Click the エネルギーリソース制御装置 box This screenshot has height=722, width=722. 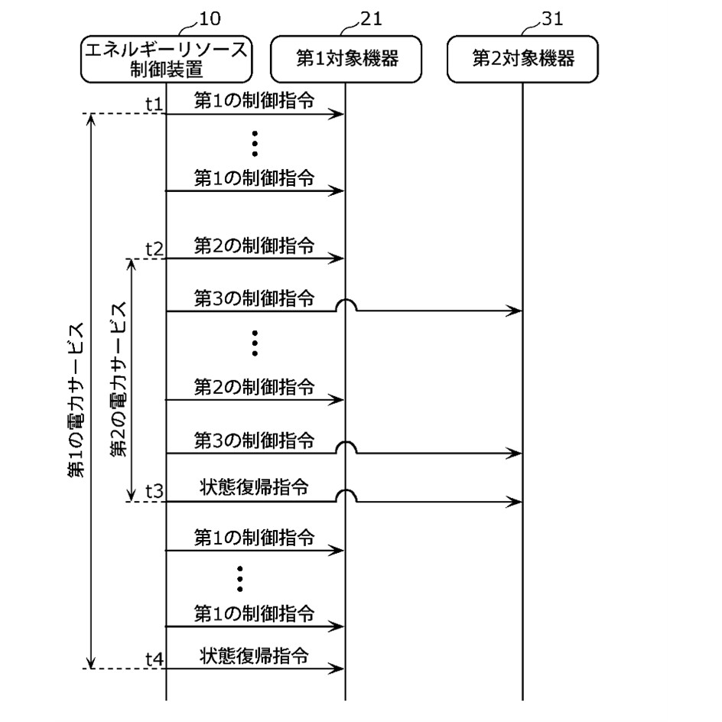pyautogui.click(x=167, y=59)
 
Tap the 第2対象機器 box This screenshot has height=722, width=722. pyautogui.click(x=523, y=59)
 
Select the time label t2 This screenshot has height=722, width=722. pyautogui.click(x=154, y=249)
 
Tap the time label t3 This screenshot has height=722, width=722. pyautogui.click(x=154, y=492)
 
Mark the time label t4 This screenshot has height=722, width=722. pyautogui.click(x=154, y=659)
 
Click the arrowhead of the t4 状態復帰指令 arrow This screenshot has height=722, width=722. pyautogui.click(x=339, y=669)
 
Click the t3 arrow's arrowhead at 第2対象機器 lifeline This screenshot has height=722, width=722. pyautogui.click(x=517, y=502)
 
